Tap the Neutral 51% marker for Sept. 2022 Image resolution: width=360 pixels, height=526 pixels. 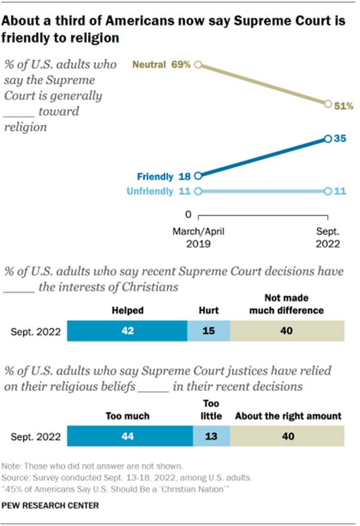click(x=327, y=103)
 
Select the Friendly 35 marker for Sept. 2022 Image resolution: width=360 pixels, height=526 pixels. click(x=327, y=139)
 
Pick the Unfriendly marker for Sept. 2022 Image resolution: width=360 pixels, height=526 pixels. click(x=327, y=191)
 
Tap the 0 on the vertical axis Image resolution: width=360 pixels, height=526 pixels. click(x=188, y=214)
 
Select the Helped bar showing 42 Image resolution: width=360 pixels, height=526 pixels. click(x=127, y=331)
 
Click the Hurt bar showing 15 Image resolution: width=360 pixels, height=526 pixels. click(x=208, y=331)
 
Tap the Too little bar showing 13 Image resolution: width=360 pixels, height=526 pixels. click(x=211, y=436)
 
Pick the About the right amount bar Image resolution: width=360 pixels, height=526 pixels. click(x=288, y=436)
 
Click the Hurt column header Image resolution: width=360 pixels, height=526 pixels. click(x=208, y=311)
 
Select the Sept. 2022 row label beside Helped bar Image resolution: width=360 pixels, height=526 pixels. click(x=35, y=331)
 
